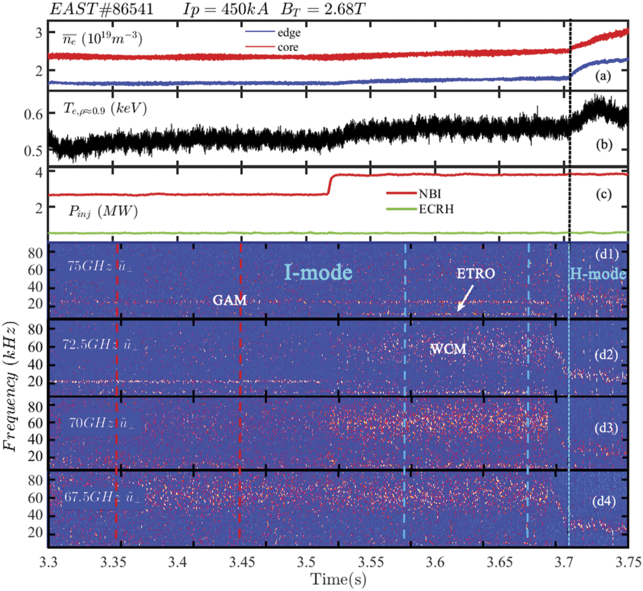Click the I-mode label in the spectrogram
318,272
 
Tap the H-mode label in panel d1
597,274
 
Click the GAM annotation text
230,300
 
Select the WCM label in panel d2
448,349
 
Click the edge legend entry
288,33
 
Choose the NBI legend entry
429,194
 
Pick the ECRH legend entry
436,209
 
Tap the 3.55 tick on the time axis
371,562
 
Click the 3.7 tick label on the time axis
564,562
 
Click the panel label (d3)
605,428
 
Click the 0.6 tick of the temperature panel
33,114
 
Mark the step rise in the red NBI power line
329,184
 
